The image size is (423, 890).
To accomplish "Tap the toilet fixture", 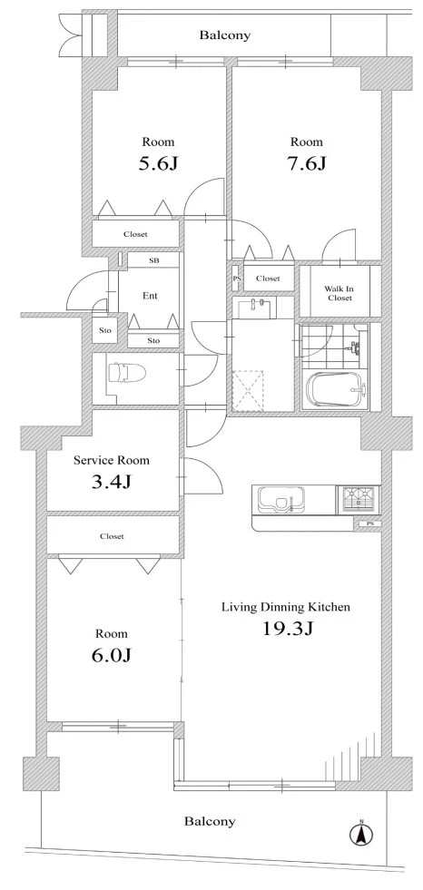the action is pos(126,373).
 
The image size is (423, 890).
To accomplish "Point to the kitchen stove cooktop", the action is pos(359,500).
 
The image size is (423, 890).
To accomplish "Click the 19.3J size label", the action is pos(288,629).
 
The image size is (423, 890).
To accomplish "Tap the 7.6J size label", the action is pos(307,163).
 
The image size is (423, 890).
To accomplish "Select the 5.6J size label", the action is pos(159,163).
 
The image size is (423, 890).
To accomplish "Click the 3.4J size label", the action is pos(112,482).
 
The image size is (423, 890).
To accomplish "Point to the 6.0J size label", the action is pos(112,656).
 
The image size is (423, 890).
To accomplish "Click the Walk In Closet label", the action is pos(339,293).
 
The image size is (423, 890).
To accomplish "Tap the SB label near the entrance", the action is pos(154,260).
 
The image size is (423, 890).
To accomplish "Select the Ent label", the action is pos(150,296).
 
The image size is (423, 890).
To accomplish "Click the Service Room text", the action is pos(112,460).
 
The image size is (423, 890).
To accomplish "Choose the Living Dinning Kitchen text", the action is pos(285,607).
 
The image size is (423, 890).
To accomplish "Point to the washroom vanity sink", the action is pos(254,308).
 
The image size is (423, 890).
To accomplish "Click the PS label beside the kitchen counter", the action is pos(370,523).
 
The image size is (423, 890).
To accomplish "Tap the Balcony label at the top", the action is pos(224,35).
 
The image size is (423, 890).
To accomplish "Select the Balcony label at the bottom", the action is pos(210,821).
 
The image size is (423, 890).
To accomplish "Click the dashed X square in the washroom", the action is pos(248,389).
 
